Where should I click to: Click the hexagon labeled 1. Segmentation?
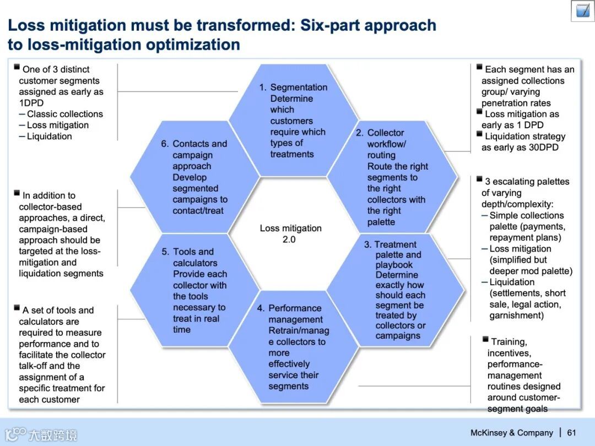coord(293,121)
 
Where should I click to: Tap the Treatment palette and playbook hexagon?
coord(396,290)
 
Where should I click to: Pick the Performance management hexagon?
coord(293,347)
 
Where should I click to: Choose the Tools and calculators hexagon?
coord(194,290)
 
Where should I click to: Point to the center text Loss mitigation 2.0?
coord(290,233)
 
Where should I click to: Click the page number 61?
coord(571,433)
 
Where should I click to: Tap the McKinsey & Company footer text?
coord(511,433)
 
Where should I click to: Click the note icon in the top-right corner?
coord(582,10)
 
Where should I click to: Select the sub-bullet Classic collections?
coord(65,114)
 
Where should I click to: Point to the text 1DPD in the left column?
coord(31,103)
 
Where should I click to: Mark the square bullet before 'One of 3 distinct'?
coord(17,67)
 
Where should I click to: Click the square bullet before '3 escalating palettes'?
coord(480,179)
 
